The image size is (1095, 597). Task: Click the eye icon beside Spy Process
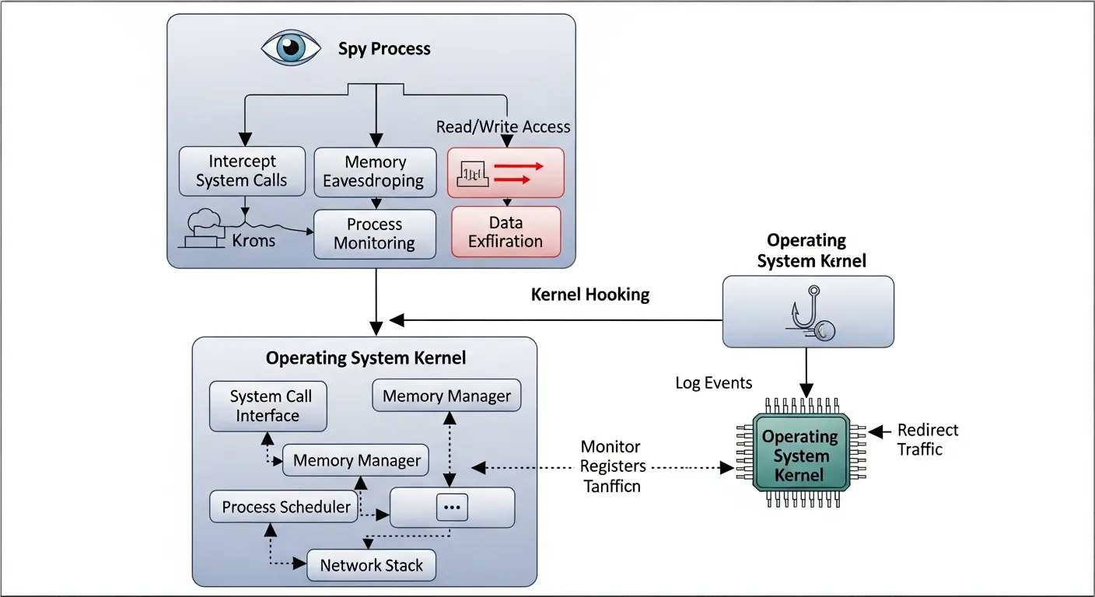[x=291, y=48]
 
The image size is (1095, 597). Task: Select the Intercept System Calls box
[x=242, y=171]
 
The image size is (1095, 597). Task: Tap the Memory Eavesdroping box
[x=375, y=171]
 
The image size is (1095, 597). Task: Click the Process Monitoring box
[x=375, y=233]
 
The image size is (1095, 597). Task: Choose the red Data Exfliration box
[x=506, y=232]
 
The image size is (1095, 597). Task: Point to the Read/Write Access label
[x=502, y=127]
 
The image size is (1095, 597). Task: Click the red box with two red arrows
[x=506, y=172]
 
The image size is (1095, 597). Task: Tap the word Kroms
[x=254, y=240]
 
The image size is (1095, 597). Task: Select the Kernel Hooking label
[x=590, y=295]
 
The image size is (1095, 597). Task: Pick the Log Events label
[x=714, y=382]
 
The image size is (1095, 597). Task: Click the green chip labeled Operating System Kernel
[x=800, y=456]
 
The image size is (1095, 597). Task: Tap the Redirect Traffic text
[x=928, y=439]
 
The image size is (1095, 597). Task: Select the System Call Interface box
[x=268, y=406]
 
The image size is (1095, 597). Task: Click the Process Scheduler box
[x=286, y=507]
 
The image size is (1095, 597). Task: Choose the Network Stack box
[x=372, y=565]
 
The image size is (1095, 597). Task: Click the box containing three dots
[x=452, y=507]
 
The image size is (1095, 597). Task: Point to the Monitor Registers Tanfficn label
[x=612, y=466]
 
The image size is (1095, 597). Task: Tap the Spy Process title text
[x=384, y=49]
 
